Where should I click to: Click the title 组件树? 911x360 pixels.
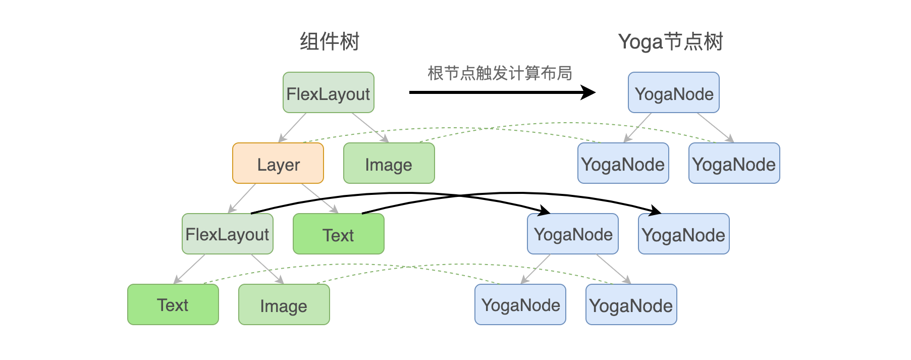coord(329,41)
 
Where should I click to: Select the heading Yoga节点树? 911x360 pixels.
coord(670,41)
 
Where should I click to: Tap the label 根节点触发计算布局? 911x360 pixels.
coord(499,73)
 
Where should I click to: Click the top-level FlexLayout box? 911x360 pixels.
coord(328,93)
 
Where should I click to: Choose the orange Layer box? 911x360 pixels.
coord(278,164)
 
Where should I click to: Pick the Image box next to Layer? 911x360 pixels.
coord(389,164)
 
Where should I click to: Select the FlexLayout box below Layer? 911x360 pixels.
coord(227,234)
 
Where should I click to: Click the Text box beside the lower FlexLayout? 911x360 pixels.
coord(338,234)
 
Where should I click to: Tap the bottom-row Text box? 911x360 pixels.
coord(173,305)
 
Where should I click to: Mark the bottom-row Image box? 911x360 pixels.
coord(284,305)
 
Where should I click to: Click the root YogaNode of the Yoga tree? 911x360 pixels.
coord(673,93)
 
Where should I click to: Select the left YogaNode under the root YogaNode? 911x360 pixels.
coord(623,164)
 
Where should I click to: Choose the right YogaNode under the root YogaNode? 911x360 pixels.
coord(734,164)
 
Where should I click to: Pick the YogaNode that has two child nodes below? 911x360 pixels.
coord(572,234)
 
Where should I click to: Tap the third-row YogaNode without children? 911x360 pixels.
coord(683,234)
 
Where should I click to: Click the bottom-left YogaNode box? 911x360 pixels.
coord(520,305)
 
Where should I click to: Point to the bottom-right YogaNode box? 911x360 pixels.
coord(631,305)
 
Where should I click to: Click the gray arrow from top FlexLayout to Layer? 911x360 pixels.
coord(293,127)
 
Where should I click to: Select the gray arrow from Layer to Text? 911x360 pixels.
coord(319,198)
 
